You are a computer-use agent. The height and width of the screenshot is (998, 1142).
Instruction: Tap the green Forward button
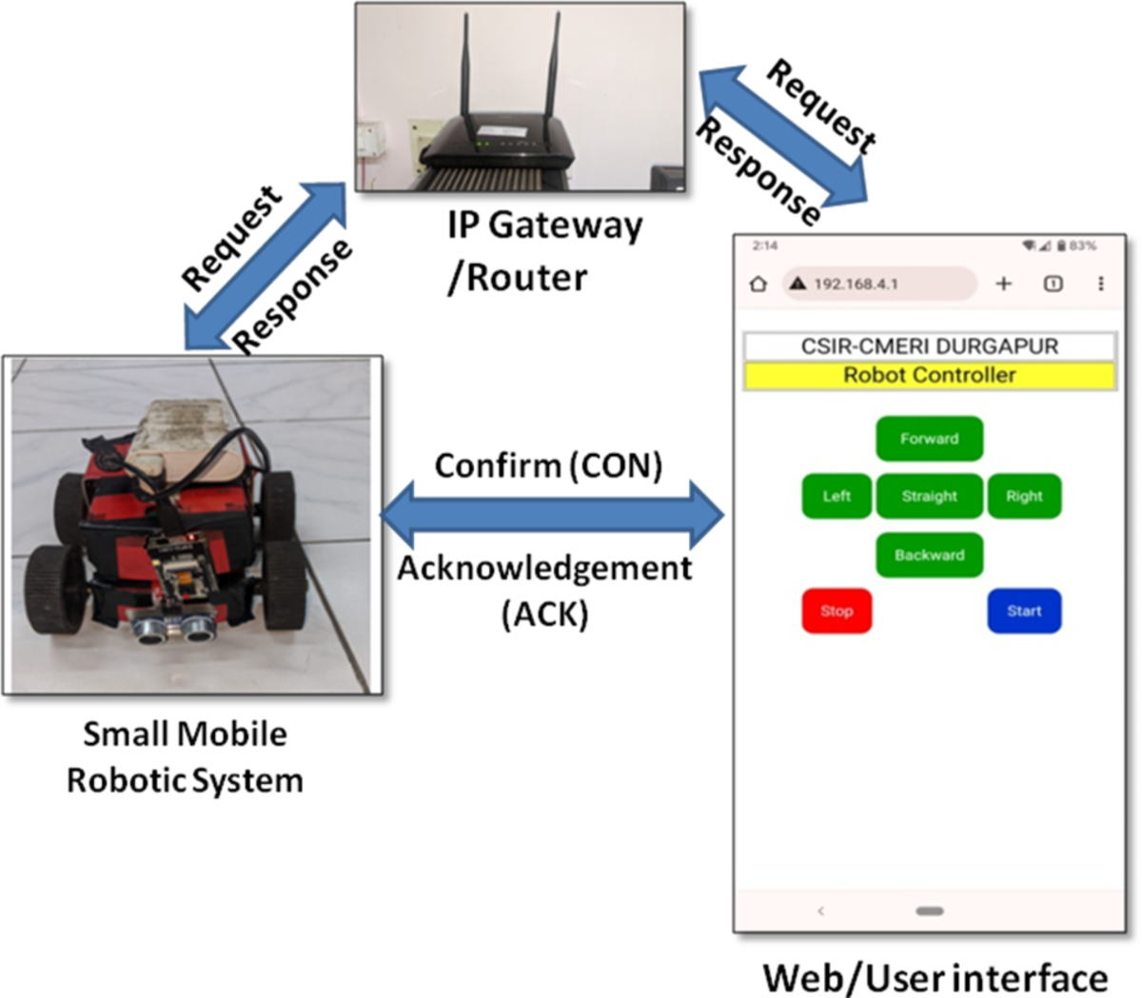pyautogui.click(x=929, y=439)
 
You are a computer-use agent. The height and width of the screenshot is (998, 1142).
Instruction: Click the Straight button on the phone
pyautogui.click(x=929, y=496)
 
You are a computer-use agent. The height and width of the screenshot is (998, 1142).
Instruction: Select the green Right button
pyautogui.click(x=1024, y=496)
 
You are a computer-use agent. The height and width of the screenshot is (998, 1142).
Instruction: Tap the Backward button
pyautogui.click(x=929, y=555)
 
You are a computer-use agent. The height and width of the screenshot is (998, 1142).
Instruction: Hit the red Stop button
pyautogui.click(x=837, y=611)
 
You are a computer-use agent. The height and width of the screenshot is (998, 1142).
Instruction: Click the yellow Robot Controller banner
pyautogui.click(x=929, y=376)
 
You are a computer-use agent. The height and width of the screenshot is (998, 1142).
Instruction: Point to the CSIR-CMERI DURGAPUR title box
pyautogui.click(x=929, y=345)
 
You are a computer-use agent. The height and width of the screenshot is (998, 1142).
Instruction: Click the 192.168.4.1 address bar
pyautogui.click(x=878, y=284)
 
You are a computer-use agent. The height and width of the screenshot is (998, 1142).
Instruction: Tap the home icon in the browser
pyautogui.click(x=758, y=284)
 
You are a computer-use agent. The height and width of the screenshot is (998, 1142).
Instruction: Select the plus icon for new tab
pyautogui.click(x=1003, y=284)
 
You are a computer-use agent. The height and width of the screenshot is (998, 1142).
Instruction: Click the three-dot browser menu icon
pyautogui.click(x=1101, y=284)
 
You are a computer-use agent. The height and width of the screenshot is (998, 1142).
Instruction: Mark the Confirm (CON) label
pyautogui.click(x=548, y=465)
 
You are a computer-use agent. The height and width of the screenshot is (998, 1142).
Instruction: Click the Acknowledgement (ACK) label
pyautogui.click(x=544, y=590)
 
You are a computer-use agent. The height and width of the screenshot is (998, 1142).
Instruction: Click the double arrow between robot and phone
pyautogui.click(x=552, y=516)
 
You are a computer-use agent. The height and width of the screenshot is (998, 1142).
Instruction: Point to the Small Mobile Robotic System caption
pyautogui.click(x=185, y=757)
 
